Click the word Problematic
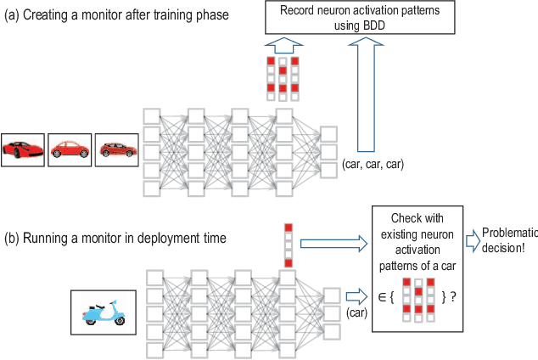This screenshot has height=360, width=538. click(x=508, y=233)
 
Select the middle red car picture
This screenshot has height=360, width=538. click(x=69, y=148)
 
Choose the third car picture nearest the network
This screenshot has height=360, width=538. click(x=115, y=148)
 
